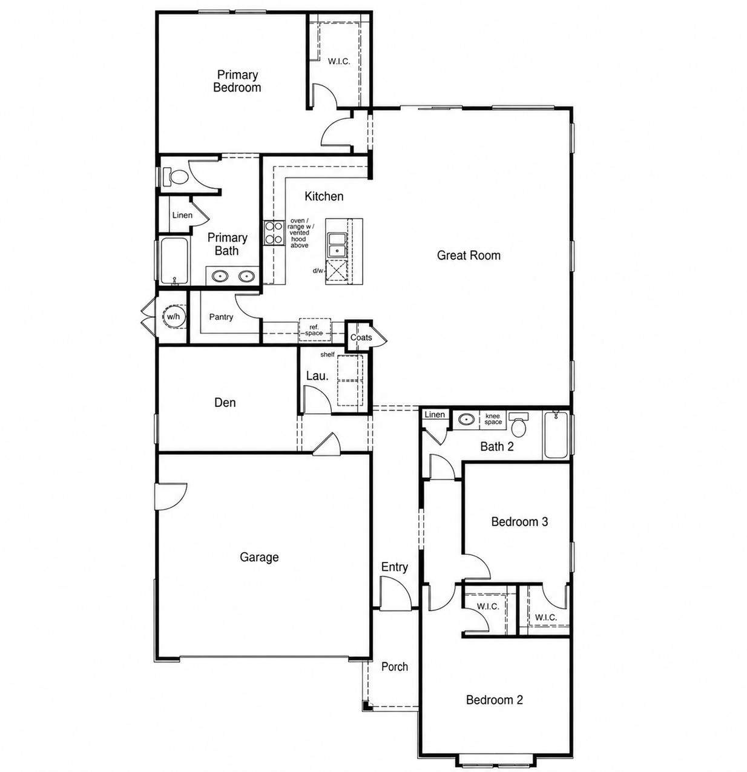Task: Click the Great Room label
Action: [x=469, y=255]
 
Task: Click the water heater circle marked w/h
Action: [x=174, y=317]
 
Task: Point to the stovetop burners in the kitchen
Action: [x=274, y=233]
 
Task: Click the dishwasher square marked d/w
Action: [x=336, y=272]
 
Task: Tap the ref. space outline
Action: [x=315, y=329]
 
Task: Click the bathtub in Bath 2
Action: [x=556, y=435]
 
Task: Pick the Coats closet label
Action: [x=361, y=338]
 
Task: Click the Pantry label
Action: [x=221, y=317]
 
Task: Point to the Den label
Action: [x=225, y=403]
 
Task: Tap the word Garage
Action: [x=259, y=558]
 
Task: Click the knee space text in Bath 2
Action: [x=493, y=419]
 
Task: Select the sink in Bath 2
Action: [x=466, y=419]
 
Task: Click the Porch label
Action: [x=394, y=667]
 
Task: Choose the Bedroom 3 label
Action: [x=519, y=521]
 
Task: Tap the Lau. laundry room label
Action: [x=317, y=375]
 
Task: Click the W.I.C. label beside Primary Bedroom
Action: [x=339, y=62]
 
